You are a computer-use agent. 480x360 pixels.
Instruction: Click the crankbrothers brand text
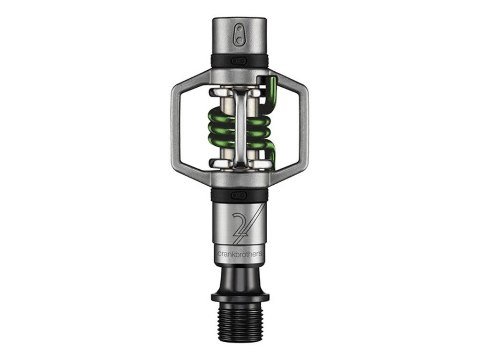pyautogui.click(x=240, y=254)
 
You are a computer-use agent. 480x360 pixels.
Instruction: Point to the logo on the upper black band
pyautogui.click(x=239, y=61)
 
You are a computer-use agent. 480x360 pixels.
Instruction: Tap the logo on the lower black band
pyautogui.click(x=239, y=195)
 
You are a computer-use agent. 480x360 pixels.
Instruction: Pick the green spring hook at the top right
pyautogui.click(x=271, y=89)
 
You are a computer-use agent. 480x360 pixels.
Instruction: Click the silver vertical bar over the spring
pyautogui.click(x=240, y=127)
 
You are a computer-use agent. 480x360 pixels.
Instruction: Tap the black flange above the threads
pyautogui.click(x=240, y=297)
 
